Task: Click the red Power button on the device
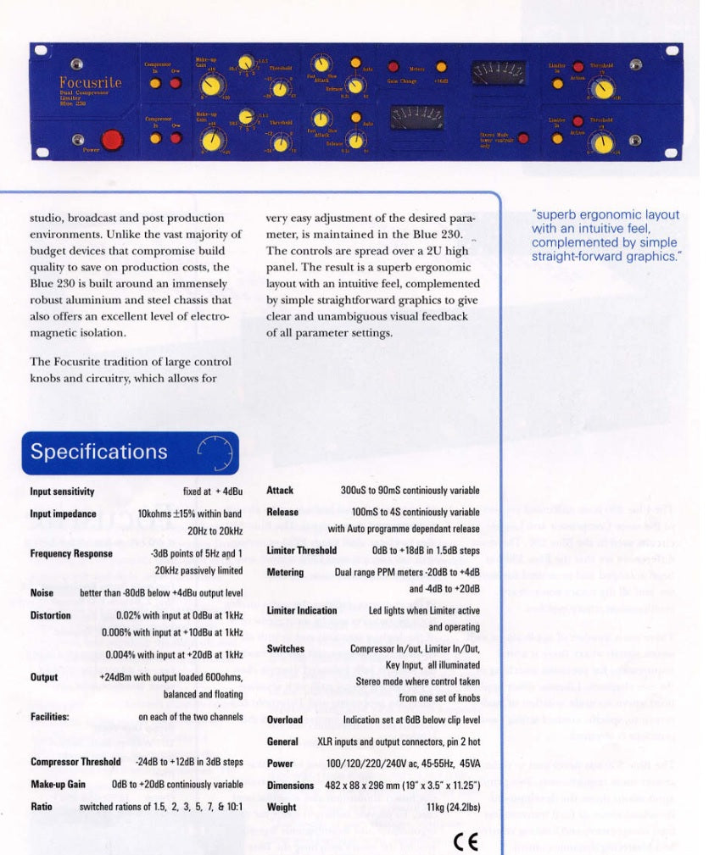[x=110, y=140]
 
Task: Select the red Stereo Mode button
[x=524, y=138]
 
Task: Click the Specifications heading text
[x=99, y=452]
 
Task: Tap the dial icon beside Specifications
[x=215, y=452]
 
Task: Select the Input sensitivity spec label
[x=62, y=491]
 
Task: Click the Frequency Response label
[x=71, y=553]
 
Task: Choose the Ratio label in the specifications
[x=41, y=807]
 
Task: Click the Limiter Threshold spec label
[x=301, y=550]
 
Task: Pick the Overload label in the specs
[x=284, y=719]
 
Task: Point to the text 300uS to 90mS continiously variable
[x=410, y=491]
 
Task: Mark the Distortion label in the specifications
[x=51, y=616]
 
